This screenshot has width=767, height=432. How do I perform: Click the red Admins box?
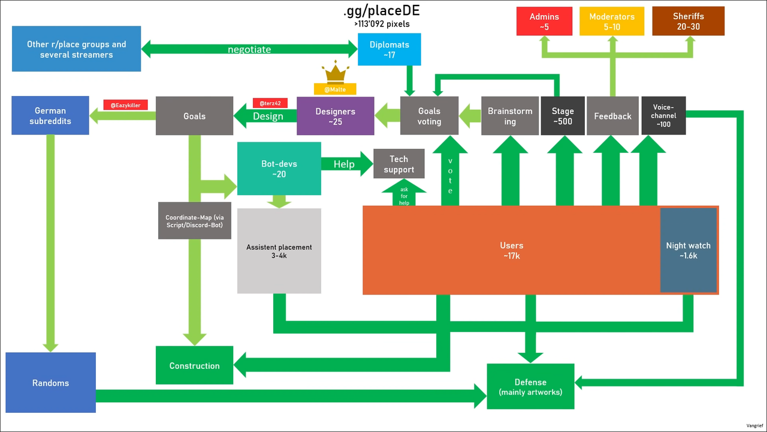coord(544,21)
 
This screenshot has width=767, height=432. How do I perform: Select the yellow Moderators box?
coord(612,21)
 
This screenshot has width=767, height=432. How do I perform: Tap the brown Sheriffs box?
coord(689,21)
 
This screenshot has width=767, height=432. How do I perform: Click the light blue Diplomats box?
coord(389,49)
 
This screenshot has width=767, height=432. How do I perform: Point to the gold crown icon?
coord(335,72)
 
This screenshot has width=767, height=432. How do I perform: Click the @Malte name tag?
coord(335,89)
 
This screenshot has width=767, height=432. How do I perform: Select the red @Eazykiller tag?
coord(126,105)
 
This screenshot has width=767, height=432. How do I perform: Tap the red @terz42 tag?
coord(270,103)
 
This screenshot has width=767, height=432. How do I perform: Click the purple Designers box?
coord(335,116)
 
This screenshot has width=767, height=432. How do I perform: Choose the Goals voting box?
coord(429,116)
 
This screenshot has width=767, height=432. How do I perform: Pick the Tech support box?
coord(399,164)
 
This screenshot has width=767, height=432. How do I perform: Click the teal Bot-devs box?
coord(279,169)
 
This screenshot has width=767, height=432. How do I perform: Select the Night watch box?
coord(689,250)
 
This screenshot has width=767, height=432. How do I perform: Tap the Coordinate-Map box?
coord(195,220)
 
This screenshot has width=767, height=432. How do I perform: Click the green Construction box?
coord(195,365)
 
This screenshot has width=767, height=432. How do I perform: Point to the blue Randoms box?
coord(51,383)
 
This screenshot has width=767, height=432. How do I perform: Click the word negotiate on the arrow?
coord(249,49)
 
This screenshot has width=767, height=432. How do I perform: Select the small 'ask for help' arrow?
coord(404,193)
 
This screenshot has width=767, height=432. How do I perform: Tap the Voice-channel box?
coord(663,116)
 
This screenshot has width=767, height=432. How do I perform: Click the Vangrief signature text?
coord(754,425)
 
